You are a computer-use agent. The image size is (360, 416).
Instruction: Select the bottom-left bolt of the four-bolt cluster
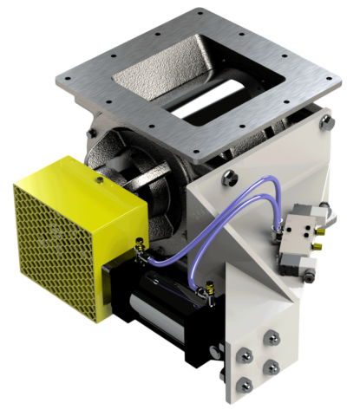pos(243,382)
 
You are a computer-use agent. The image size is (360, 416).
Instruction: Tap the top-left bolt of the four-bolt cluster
pos(245,352)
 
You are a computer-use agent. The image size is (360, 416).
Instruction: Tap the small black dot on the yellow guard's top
pos(101,182)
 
